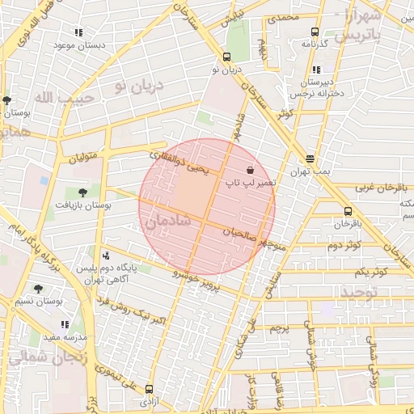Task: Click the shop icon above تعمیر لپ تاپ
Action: click(250, 170)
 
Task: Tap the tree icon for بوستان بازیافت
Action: click(82, 192)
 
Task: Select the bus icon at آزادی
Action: click(149, 389)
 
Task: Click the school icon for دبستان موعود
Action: click(78, 32)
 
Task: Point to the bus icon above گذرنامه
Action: click(315, 33)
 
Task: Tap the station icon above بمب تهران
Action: click(310, 159)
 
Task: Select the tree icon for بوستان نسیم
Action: click(38, 288)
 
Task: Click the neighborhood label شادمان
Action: click(165, 219)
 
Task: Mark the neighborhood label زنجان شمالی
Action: click(32, 356)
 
